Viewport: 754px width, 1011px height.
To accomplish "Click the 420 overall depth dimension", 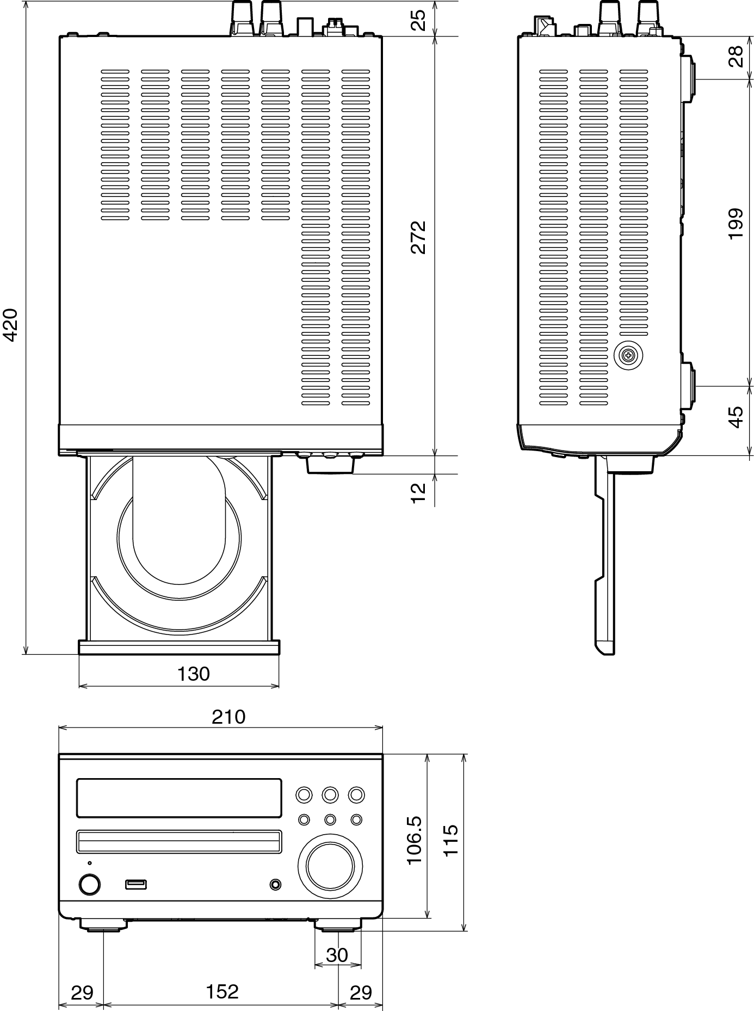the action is pyautogui.click(x=11, y=325).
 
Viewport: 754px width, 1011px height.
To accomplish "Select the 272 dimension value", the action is pyautogui.click(x=418, y=237).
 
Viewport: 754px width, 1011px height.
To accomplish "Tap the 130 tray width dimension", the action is pyautogui.click(x=194, y=674).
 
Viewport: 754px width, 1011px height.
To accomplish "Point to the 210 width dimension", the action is pyautogui.click(x=229, y=717).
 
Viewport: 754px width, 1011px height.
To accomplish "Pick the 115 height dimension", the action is pyautogui.click(x=451, y=841).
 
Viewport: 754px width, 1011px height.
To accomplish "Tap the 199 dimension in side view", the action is pyautogui.click(x=736, y=223).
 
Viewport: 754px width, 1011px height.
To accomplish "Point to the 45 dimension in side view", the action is pyautogui.click(x=736, y=417).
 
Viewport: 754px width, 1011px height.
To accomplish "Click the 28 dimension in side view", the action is pyautogui.click(x=736, y=57).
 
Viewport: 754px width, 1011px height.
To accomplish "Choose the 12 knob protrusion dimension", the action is pyautogui.click(x=418, y=493).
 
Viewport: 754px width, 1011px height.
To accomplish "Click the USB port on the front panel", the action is pyautogui.click(x=135, y=884).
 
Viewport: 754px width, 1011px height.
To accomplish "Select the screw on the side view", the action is pyautogui.click(x=628, y=356).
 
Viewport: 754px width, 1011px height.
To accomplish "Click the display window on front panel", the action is pyautogui.click(x=179, y=798).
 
